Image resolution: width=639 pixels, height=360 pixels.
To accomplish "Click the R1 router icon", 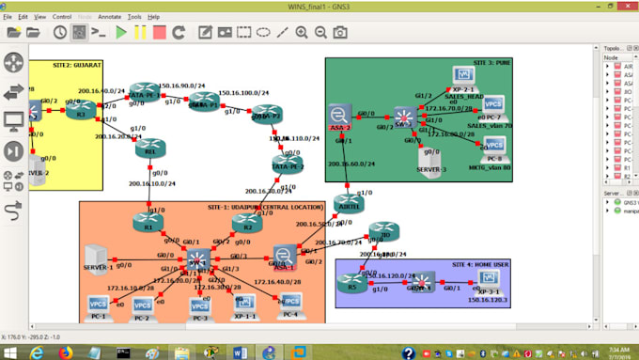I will coord(148,222).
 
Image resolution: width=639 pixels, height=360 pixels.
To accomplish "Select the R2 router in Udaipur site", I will coord(246,223).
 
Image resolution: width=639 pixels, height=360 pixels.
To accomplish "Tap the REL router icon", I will coord(148,149).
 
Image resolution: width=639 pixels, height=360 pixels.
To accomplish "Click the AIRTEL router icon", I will coord(349,204).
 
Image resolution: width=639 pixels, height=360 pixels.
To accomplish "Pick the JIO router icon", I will coord(382,232).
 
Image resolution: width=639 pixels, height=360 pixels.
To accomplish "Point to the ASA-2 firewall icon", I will coord(339,115).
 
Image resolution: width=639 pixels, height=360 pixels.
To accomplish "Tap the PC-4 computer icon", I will coord(290,303).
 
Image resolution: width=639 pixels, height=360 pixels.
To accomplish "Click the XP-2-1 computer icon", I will coord(462,76).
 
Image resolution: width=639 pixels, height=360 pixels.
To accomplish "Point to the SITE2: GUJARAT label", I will coord(52,67).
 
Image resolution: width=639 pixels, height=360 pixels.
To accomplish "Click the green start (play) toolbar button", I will coord(120,32).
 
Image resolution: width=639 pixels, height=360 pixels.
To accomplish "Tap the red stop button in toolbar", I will coord(160,32).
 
